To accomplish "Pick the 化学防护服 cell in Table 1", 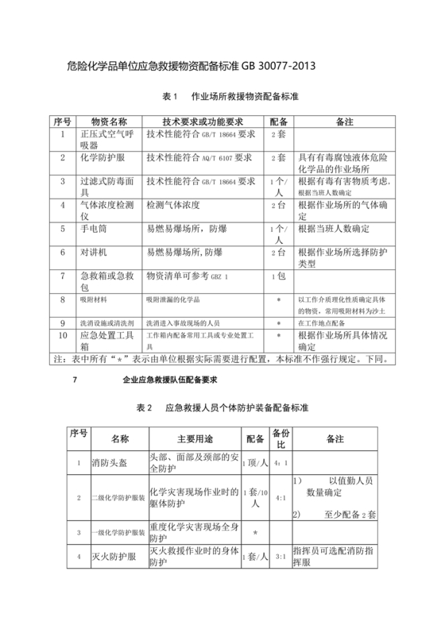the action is coord(99,159).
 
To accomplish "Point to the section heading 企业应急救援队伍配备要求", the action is coord(176,381).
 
